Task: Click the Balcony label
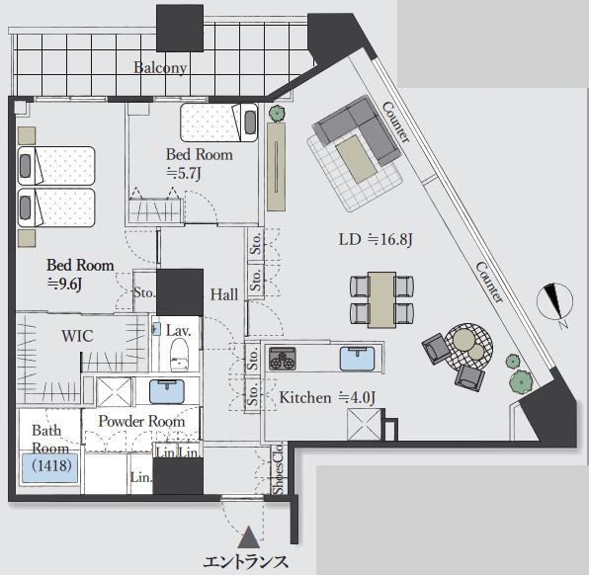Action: pos(160,67)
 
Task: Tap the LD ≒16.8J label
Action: pos(376,239)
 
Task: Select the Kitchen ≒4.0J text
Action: pos(327,397)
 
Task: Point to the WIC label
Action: pos(77,336)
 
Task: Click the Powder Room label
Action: pos(141,421)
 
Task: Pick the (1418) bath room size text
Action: pos(51,465)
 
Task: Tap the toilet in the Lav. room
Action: pos(179,355)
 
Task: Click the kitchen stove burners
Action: pos(283,359)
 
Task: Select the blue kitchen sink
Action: pos(357,359)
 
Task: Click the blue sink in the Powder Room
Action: pos(167,391)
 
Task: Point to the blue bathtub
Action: pos(50,468)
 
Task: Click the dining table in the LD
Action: pos(381,299)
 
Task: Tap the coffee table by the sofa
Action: pos(356,158)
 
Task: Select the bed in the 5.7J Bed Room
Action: pos(219,123)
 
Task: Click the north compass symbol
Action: pos(554,301)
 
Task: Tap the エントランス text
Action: pos(246,562)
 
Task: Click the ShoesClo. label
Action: pos(278,469)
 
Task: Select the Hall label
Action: pos(224,294)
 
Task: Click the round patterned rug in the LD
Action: pos(468,346)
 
